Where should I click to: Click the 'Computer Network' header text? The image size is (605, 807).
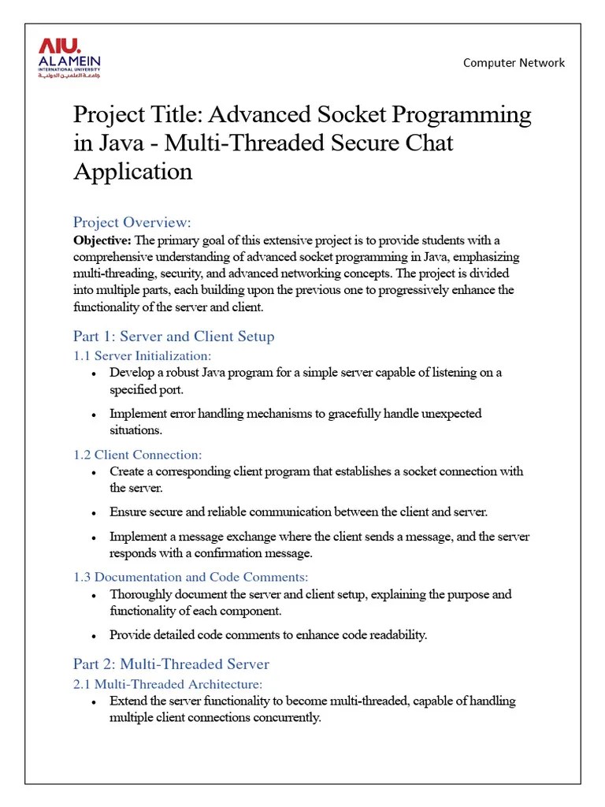tap(514, 62)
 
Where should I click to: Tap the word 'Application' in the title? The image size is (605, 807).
tap(132, 171)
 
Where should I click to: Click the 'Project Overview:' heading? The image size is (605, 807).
tap(132, 222)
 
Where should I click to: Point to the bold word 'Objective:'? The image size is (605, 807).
tap(102, 240)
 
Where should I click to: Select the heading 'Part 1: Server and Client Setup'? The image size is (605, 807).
tap(173, 337)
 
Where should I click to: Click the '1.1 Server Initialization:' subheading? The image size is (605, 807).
tap(142, 356)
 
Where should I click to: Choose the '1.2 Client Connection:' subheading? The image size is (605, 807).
tap(137, 455)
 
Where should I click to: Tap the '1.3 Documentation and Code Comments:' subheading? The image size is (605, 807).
tap(191, 578)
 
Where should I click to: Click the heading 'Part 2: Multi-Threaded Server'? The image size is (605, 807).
tap(171, 664)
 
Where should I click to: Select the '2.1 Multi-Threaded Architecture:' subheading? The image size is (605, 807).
tap(167, 684)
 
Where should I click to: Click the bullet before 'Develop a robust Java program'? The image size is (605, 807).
tap(95, 374)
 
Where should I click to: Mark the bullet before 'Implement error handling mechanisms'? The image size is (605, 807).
tap(95, 415)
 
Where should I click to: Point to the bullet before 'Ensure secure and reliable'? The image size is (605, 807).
tap(95, 513)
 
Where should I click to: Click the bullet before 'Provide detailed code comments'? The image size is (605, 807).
tap(95, 636)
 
